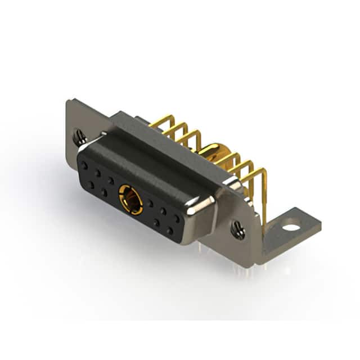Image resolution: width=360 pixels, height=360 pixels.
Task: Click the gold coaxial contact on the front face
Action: [130, 199]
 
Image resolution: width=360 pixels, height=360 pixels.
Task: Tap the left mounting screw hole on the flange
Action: [80, 135]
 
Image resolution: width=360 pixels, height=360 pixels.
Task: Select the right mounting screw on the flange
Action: [238, 228]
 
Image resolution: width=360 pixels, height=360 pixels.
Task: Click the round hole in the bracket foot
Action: [291, 228]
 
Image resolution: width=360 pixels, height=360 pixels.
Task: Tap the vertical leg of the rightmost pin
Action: [264, 197]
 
